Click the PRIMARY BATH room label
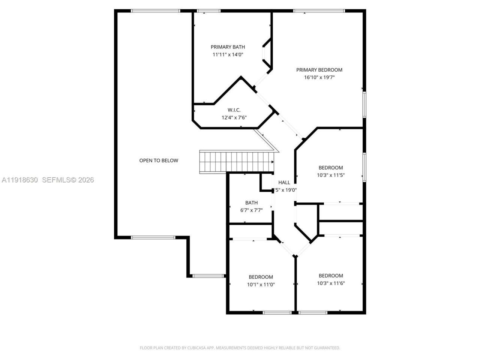(x=228, y=47)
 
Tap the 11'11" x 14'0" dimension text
(x=228, y=54)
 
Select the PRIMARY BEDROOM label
(x=319, y=70)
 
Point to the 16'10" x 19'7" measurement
(x=319, y=78)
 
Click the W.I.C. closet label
(x=234, y=110)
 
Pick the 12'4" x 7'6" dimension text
(x=234, y=117)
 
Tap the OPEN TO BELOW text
(x=159, y=160)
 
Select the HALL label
(x=284, y=183)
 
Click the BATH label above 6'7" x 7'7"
(x=251, y=203)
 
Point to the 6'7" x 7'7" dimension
(x=251, y=210)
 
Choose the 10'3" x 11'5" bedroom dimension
(x=331, y=175)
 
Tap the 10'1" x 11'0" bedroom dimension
(x=261, y=285)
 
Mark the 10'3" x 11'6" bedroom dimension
(x=331, y=283)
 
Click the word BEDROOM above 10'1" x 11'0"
(x=261, y=277)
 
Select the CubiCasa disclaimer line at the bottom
(x=240, y=348)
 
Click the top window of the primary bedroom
(x=319, y=11)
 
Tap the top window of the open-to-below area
(x=155, y=11)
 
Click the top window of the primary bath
(x=208, y=11)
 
